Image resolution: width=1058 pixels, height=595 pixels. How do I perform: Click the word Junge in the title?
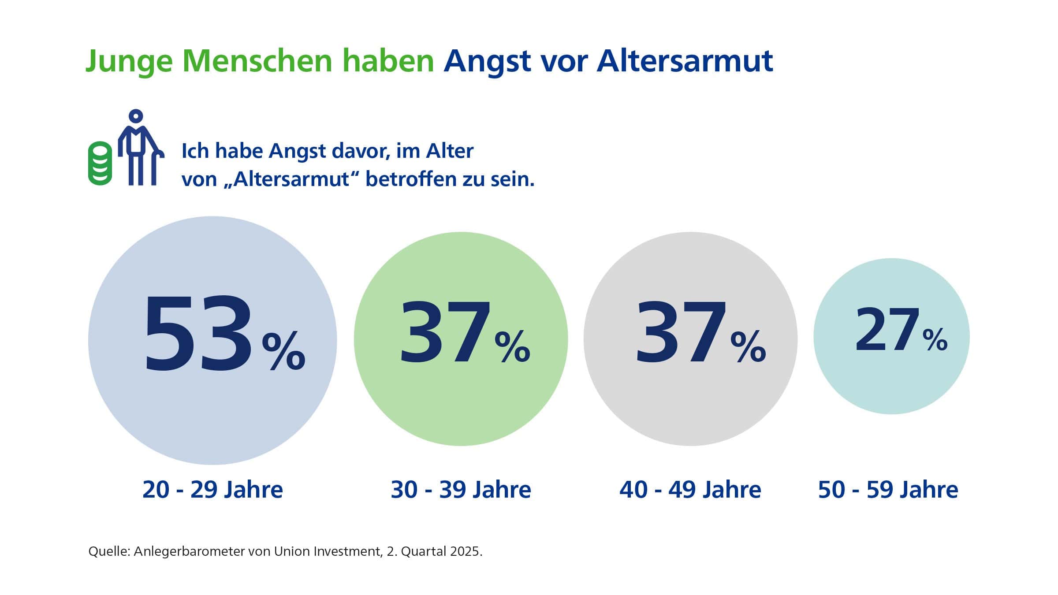[x=129, y=62]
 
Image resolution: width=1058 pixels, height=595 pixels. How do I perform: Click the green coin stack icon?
[x=100, y=163]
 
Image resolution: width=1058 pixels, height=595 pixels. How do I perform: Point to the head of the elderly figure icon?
[x=136, y=116]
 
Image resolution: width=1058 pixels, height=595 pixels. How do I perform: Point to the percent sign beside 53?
[x=283, y=351]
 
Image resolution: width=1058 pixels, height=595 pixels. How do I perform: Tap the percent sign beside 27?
[x=935, y=339]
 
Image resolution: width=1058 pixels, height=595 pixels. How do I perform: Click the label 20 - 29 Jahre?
[x=212, y=490]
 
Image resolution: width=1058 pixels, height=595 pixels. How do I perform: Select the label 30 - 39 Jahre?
[x=461, y=490]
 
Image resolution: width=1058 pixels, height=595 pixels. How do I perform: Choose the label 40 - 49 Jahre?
[x=690, y=490]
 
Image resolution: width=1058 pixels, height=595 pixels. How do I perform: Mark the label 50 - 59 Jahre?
[x=888, y=490]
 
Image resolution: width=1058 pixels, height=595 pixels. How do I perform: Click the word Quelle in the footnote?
[x=108, y=552]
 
